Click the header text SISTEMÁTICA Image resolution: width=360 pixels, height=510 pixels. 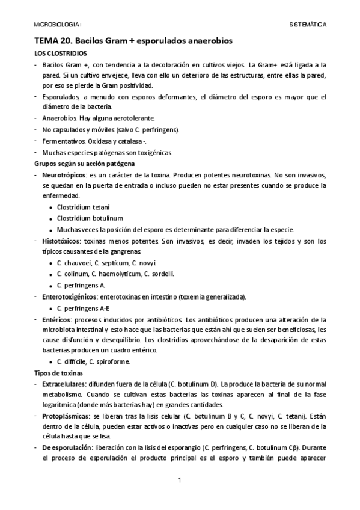tap(308, 25)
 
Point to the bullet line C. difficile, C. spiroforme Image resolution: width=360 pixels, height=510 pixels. tap(93, 361)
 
